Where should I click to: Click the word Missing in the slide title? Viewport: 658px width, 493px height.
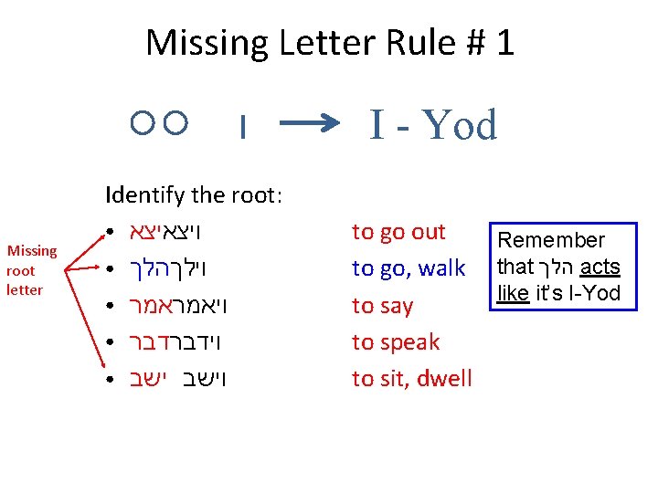click(205, 42)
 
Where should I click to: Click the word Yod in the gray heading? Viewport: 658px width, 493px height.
click(461, 125)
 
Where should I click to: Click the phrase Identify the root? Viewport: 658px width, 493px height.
click(194, 194)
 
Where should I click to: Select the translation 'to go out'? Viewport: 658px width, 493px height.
click(398, 232)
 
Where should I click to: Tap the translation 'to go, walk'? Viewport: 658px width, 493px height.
click(409, 268)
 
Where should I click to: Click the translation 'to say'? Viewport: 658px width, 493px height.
click(383, 306)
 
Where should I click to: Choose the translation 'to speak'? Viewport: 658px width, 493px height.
click(396, 342)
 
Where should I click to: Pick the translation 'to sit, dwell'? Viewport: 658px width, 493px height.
click(412, 378)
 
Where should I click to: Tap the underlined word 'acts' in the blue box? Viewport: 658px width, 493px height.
click(600, 267)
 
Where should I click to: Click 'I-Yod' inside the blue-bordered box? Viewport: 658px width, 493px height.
click(591, 293)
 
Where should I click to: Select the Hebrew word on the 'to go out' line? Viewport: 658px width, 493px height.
click(169, 232)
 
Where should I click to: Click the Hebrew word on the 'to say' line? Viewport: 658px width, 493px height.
click(169, 306)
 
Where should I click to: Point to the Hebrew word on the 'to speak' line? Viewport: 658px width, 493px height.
click(169, 342)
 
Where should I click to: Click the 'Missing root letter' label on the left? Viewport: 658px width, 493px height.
click(32, 270)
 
